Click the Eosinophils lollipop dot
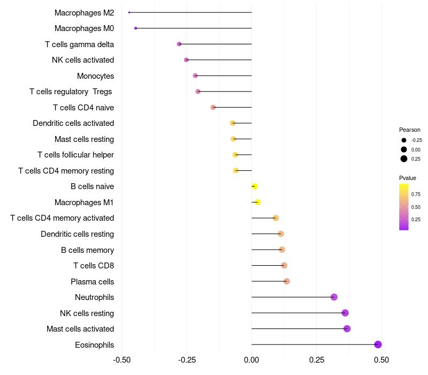378,344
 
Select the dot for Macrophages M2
129,12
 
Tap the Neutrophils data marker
334,297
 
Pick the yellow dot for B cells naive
255,186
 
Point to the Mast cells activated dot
347,329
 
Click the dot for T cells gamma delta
179,44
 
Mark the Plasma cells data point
286,281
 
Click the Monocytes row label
95,76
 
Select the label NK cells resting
87,313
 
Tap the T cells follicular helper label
75,155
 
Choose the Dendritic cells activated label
73,123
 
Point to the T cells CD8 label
94,266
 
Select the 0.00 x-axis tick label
251,359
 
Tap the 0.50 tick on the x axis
381,359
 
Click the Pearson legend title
410,130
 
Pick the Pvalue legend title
408,178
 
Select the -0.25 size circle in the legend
404,140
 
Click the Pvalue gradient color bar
404,207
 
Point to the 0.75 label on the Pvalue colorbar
416,194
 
